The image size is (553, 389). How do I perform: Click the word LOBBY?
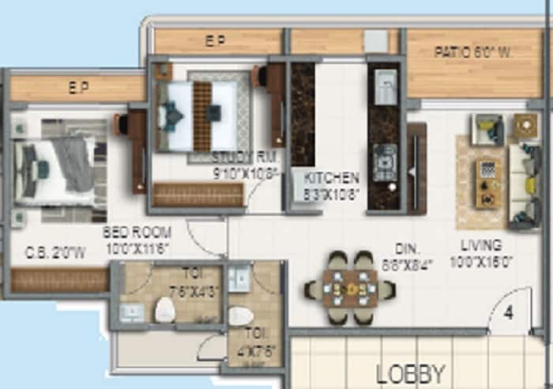coord(411,373)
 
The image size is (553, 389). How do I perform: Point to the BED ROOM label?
coord(131,233)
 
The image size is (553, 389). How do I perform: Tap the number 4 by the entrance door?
coord(509,312)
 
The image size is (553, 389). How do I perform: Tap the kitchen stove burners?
coord(385,163)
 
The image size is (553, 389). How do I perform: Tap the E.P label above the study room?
coord(215,42)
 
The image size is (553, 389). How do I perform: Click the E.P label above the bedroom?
coord(77,87)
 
